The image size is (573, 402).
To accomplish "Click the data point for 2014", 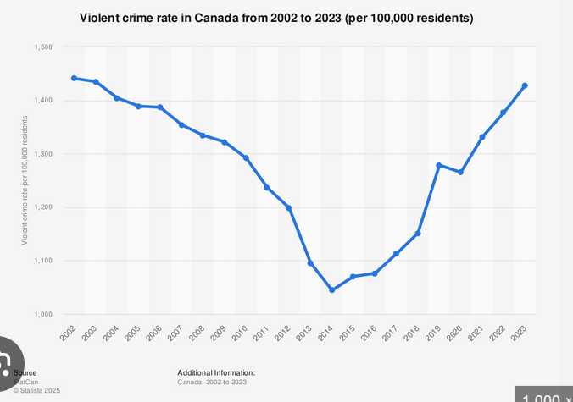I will point(331,290).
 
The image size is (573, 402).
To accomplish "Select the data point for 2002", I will point(74,78).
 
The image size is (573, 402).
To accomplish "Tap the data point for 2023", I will point(525,85).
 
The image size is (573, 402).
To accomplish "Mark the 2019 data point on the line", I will point(438,165).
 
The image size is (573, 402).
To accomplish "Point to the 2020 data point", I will point(460,172).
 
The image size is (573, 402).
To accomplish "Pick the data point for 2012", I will point(289,207).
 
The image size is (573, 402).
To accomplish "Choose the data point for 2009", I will point(225,142).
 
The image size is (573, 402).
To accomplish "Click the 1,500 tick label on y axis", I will point(43,47).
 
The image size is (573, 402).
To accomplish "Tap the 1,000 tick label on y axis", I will point(43,314).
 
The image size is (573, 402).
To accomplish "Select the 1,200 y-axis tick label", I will point(43,207).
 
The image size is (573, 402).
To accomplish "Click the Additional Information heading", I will point(216,373).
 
